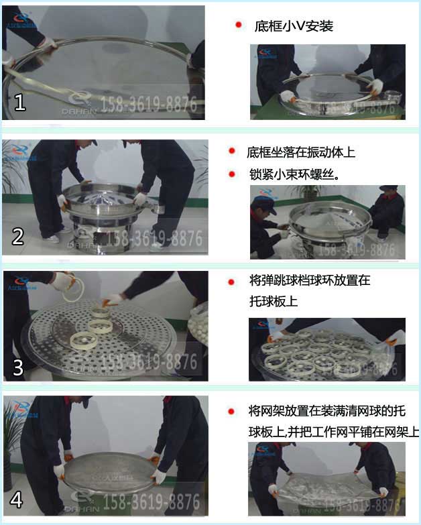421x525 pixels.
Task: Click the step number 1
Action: (x=19, y=103)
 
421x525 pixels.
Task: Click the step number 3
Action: (x=18, y=367)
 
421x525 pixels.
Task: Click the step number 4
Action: (x=17, y=500)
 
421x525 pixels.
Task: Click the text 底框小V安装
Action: (x=294, y=27)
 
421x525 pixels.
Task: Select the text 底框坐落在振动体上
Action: (x=300, y=152)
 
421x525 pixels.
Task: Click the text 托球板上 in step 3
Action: (x=273, y=302)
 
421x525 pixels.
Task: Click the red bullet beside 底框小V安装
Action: (x=238, y=25)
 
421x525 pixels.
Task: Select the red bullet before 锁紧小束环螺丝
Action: (x=231, y=174)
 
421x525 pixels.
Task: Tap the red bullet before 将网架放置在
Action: (x=231, y=410)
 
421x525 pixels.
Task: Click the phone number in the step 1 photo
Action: (x=149, y=105)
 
